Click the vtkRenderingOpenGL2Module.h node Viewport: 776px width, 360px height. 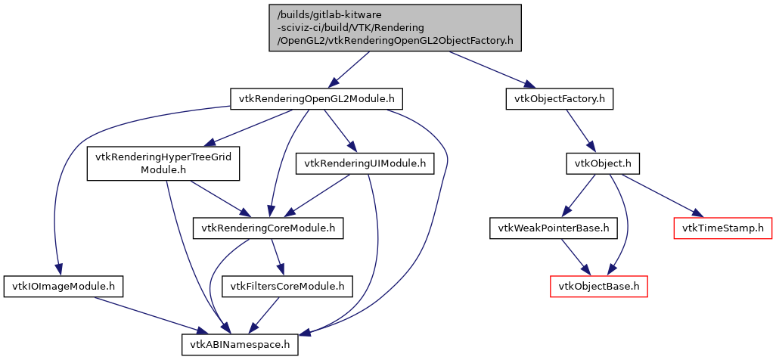316,99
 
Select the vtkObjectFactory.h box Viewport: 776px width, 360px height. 559,99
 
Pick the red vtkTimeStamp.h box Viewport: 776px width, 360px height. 722,227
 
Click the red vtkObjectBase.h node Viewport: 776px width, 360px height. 598,286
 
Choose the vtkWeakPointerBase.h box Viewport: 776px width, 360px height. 553,227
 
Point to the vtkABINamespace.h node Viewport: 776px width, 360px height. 240,345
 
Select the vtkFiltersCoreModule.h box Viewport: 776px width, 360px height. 287,286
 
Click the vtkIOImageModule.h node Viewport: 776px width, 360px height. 64,286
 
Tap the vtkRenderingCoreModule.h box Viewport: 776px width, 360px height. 268,227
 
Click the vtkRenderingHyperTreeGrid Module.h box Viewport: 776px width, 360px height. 163,163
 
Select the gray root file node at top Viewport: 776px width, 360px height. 395,27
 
